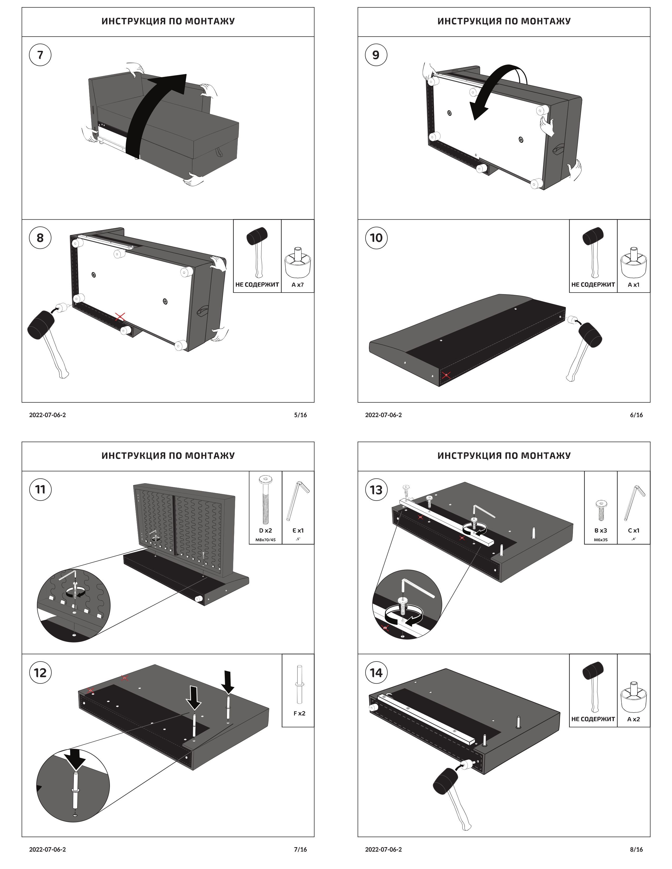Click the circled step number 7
click(x=40, y=55)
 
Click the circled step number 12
click(x=40, y=673)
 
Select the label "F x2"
click(x=299, y=713)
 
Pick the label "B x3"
click(x=600, y=530)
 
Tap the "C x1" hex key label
click(x=633, y=530)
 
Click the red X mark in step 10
click(x=446, y=375)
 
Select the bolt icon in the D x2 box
click(x=265, y=499)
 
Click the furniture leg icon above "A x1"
click(x=633, y=262)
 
